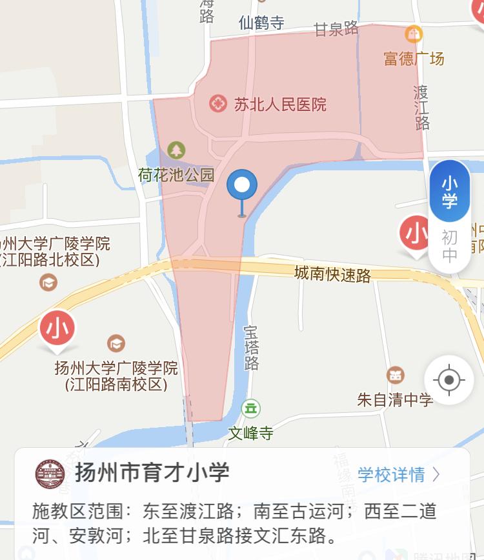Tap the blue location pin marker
pyautogui.click(x=242, y=186)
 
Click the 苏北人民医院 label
pyautogui.click(x=280, y=104)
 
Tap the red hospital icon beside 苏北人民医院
pyautogui.click(x=218, y=103)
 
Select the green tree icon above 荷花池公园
pyautogui.click(x=176, y=151)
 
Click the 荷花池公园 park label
pyautogui.click(x=176, y=174)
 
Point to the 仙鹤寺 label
pyautogui.click(x=261, y=23)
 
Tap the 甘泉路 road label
pyautogui.click(x=336, y=29)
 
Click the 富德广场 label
pyautogui.click(x=414, y=59)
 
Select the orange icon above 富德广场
pyautogui.click(x=413, y=34)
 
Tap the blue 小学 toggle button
pyautogui.click(x=449, y=192)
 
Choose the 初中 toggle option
pyautogui.click(x=449, y=246)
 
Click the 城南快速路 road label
pyautogui.click(x=332, y=274)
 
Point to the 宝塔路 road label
pyautogui.click(x=251, y=347)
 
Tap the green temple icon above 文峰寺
pyautogui.click(x=250, y=408)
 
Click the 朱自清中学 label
pyautogui.click(x=395, y=400)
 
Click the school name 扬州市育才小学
pyautogui.click(x=152, y=473)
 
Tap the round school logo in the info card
pyautogui.click(x=50, y=474)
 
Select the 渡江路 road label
pyautogui.click(x=421, y=107)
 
